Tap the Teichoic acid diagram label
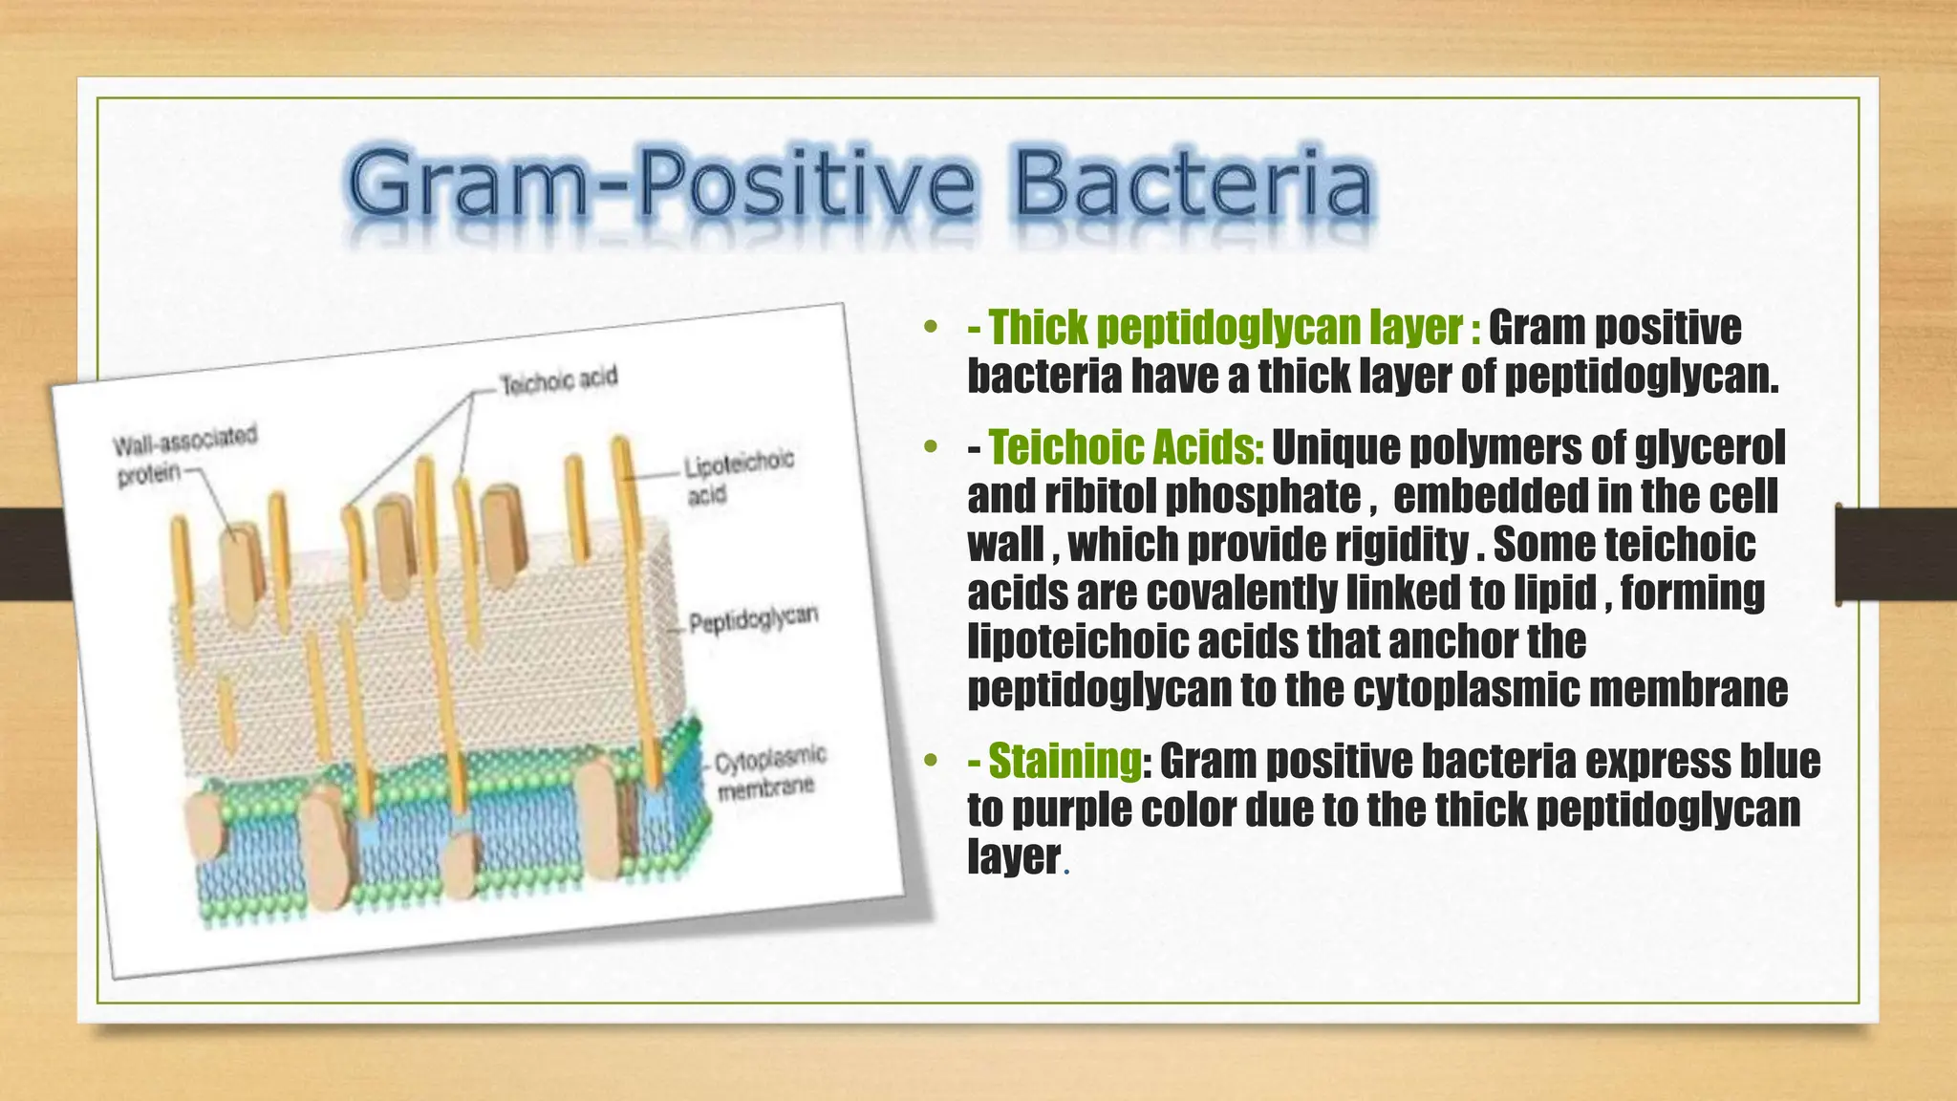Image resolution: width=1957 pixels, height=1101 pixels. tap(559, 380)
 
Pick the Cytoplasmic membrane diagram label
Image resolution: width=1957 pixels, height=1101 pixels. tap(769, 773)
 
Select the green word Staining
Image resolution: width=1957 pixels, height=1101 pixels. tap(1065, 762)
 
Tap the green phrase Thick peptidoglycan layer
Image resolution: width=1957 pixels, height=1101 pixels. tap(1225, 328)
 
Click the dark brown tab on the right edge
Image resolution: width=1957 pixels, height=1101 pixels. tap(1896, 554)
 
